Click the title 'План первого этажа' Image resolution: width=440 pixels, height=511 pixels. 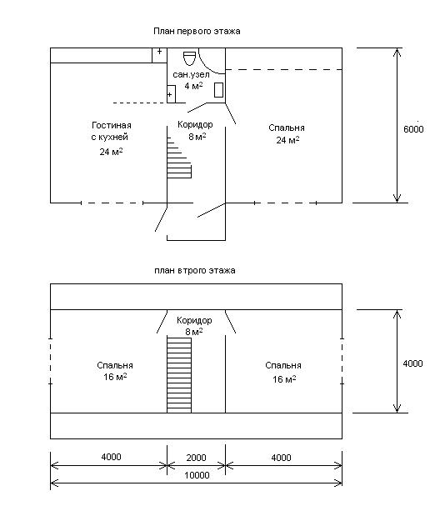pos(197,32)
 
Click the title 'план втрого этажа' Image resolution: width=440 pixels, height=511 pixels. pos(195,270)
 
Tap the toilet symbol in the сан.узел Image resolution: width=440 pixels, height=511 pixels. pos(189,58)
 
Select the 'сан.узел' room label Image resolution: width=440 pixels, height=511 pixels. pos(191,75)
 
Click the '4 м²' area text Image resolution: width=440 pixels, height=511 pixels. pos(193,86)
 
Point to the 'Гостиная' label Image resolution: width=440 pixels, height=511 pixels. pos(112,126)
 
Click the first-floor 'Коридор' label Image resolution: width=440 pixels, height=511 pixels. pos(195,124)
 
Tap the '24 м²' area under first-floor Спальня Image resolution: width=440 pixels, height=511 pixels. pos(287,140)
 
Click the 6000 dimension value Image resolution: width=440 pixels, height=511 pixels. pos(413,129)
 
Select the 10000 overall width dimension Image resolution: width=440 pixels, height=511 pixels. pos(197,475)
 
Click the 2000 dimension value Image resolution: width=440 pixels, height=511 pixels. pos(196,458)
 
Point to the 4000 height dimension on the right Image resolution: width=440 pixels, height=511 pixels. pos(412,363)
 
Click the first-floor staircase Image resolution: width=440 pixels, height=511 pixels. pos(179,158)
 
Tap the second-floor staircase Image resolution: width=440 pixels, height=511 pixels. pos(179,375)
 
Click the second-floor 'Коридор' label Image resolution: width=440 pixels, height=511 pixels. pos(194,320)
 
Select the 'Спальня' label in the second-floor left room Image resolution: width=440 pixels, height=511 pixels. pos(115,366)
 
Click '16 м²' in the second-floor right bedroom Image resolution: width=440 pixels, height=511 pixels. pos(284,379)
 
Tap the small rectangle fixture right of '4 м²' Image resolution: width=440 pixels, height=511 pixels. pos(218,90)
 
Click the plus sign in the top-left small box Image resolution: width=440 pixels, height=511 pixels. pos(160,52)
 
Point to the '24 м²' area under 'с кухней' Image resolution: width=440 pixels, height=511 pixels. pos(111,152)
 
